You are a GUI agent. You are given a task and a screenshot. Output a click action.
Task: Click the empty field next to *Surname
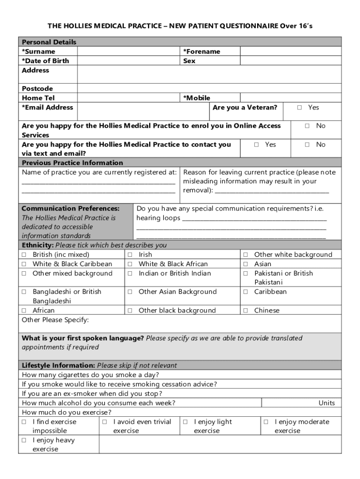click(x=129, y=51)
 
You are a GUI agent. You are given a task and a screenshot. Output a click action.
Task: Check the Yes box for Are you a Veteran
click(x=300, y=108)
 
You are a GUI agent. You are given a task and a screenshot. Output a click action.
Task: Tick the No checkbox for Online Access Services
click(x=307, y=126)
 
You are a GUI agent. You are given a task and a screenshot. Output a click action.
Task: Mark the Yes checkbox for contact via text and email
click(x=257, y=145)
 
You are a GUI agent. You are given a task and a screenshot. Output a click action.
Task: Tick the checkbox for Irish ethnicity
click(x=130, y=255)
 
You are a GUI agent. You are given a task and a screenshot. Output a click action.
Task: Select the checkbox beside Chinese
click(x=245, y=311)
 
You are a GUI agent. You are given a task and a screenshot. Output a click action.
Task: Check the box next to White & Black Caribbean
click(x=24, y=264)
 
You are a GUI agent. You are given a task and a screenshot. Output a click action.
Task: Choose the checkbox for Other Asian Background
click(x=130, y=292)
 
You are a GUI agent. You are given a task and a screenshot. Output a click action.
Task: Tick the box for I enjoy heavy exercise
click(x=24, y=441)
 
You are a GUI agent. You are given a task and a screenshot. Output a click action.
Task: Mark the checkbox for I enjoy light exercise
click(x=185, y=422)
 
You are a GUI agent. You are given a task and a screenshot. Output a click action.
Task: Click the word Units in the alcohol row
click(x=326, y=403)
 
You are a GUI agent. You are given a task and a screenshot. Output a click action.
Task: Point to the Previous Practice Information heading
click(x=72, y=163)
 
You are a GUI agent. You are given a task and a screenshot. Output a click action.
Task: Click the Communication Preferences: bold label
click(x=71, y=208)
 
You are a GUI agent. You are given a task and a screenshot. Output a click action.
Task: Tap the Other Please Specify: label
click(x=55, y=320)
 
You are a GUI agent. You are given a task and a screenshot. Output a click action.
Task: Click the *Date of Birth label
click(x=45, y=61)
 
